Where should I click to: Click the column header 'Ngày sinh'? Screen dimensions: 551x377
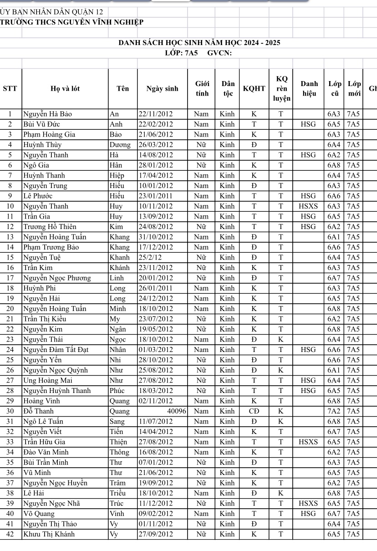point(162,89)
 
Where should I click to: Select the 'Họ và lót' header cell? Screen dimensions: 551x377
point(65,89)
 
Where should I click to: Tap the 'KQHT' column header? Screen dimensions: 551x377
point(254,89)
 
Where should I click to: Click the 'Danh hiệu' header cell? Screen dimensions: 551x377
point(309,89)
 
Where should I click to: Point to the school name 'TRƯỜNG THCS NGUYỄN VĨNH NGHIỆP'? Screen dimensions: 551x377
point(72,22)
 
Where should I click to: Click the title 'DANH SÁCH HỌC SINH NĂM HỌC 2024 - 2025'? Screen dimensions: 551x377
point(199,43)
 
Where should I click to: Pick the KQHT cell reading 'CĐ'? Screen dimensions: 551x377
point(254,411)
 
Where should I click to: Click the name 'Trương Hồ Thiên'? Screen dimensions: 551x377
point(50,227)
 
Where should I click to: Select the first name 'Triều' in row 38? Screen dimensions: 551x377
point(118,493)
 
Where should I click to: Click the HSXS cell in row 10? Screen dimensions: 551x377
point(309,206)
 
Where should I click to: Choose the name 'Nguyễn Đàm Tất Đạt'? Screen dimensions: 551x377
point(56,350)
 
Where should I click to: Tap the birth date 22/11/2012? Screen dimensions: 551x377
point(156,114)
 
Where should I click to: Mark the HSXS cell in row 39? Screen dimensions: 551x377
point(309,503)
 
